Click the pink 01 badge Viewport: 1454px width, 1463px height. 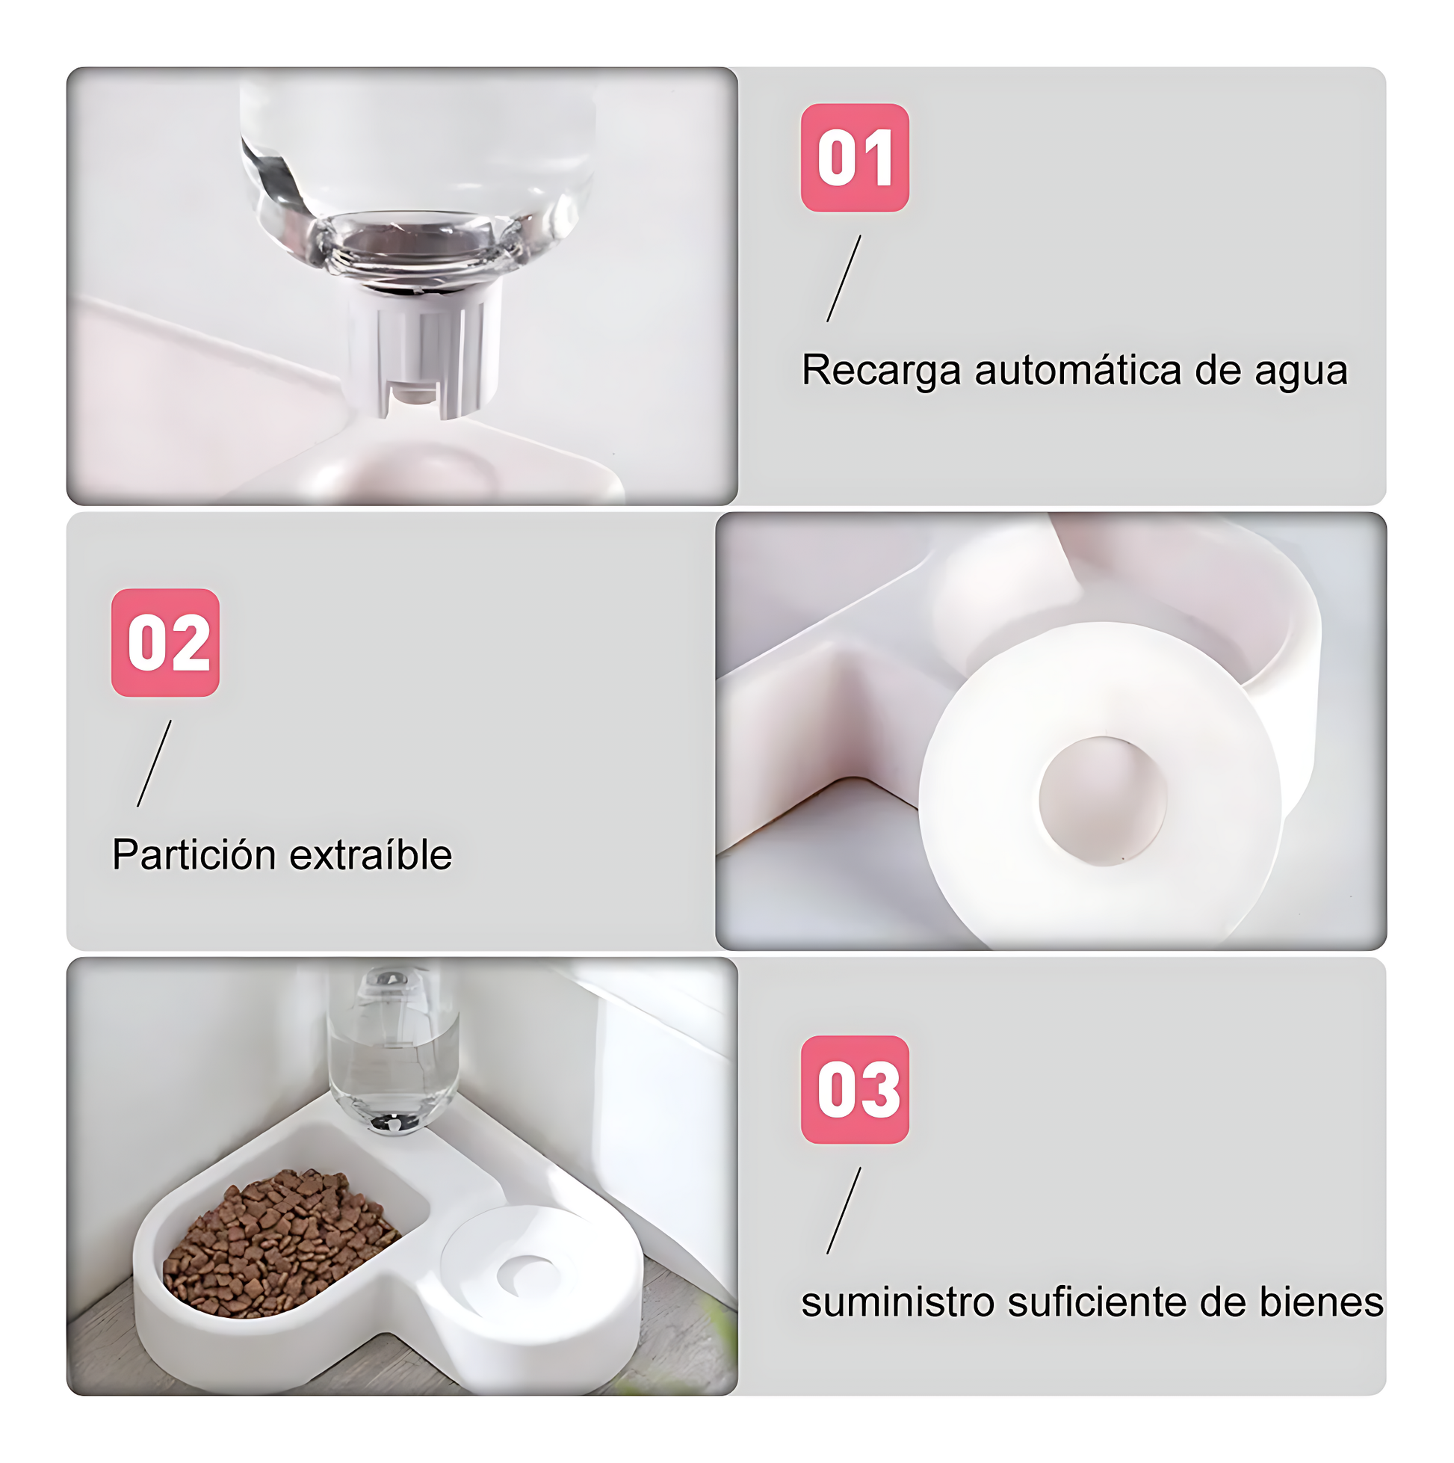point(855,158)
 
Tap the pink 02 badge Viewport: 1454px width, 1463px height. point(165,642)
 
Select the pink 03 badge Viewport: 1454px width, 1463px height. point(855,1089)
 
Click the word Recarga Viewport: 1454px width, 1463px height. point(882,371)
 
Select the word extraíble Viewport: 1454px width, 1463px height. point(371,855)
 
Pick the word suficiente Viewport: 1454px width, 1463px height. point(1098,1302)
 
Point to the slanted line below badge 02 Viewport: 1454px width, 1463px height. point(154,763)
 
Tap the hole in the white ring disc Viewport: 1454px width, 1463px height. point(1102,801)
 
